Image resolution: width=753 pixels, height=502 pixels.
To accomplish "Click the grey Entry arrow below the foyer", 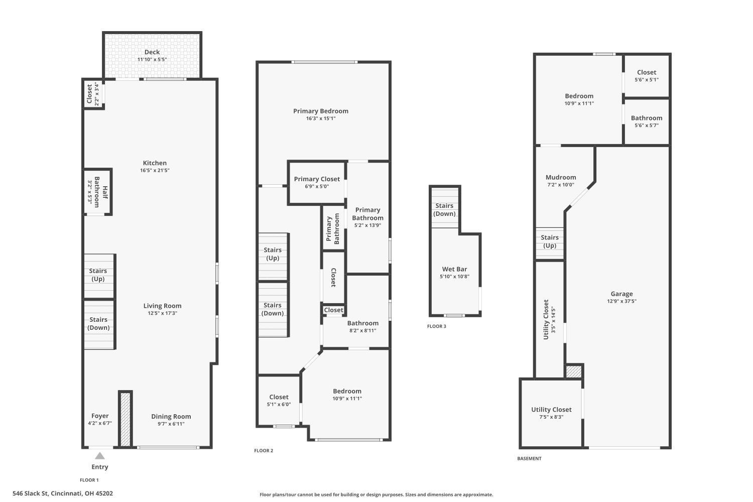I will click(100, 456).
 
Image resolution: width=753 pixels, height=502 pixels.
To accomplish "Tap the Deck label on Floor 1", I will click(152, 52).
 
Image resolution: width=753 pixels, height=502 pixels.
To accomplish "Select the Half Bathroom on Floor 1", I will click(97, 192).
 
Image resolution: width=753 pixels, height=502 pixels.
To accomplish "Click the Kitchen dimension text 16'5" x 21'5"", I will click(155, 171).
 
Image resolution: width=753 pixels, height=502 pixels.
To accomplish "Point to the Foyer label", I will click(100, 416).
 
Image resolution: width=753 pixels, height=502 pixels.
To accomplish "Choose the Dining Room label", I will click(171, 417).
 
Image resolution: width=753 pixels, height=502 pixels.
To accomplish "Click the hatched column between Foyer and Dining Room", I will click(125, 419).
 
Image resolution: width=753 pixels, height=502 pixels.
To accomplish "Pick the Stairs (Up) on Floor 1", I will click(98, 276).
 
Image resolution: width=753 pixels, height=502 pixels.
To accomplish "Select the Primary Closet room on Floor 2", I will click(317, 182).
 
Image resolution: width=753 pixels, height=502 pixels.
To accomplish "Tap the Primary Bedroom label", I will click(321, 111).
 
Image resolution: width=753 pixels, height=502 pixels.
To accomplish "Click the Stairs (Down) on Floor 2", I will click(273, 309).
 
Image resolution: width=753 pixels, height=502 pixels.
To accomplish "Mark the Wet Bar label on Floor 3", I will click(454, 270).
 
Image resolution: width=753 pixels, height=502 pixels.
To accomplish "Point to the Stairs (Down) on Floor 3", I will click(444, 209).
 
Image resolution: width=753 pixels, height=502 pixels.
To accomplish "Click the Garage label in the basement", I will click(621, 294).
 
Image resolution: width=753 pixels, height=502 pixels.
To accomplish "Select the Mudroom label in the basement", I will click(561, 178).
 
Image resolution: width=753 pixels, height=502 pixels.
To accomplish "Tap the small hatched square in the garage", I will click(574, 371).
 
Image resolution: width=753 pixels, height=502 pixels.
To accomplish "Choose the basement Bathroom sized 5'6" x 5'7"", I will click(647, 121).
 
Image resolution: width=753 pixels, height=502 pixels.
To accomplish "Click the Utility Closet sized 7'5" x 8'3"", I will click(551, 413).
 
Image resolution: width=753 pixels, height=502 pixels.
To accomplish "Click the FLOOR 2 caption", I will click(264, 451).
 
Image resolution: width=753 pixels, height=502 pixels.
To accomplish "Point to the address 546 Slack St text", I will click(63, 493).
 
